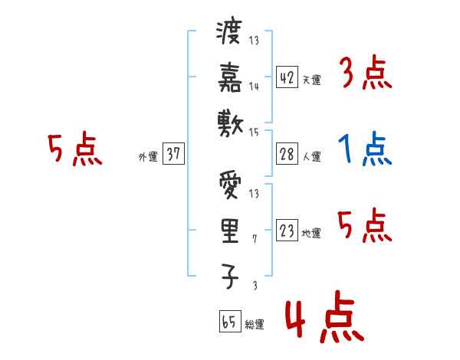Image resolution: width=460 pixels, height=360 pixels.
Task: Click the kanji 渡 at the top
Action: [x=229, y=34]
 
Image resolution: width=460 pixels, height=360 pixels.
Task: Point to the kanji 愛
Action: [x=229, y=186]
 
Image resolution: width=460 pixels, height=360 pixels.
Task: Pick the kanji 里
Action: [x=229, y=231]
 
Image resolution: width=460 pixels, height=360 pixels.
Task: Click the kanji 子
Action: [x=229, y=275]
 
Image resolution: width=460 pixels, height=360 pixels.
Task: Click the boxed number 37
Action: [x=173, y=154]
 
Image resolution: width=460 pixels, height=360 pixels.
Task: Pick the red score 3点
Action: [x=365, y=74]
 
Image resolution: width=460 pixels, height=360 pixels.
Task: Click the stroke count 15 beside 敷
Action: [x=254, y=132]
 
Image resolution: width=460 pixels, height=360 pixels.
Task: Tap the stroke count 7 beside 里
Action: [x=254, y=240]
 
